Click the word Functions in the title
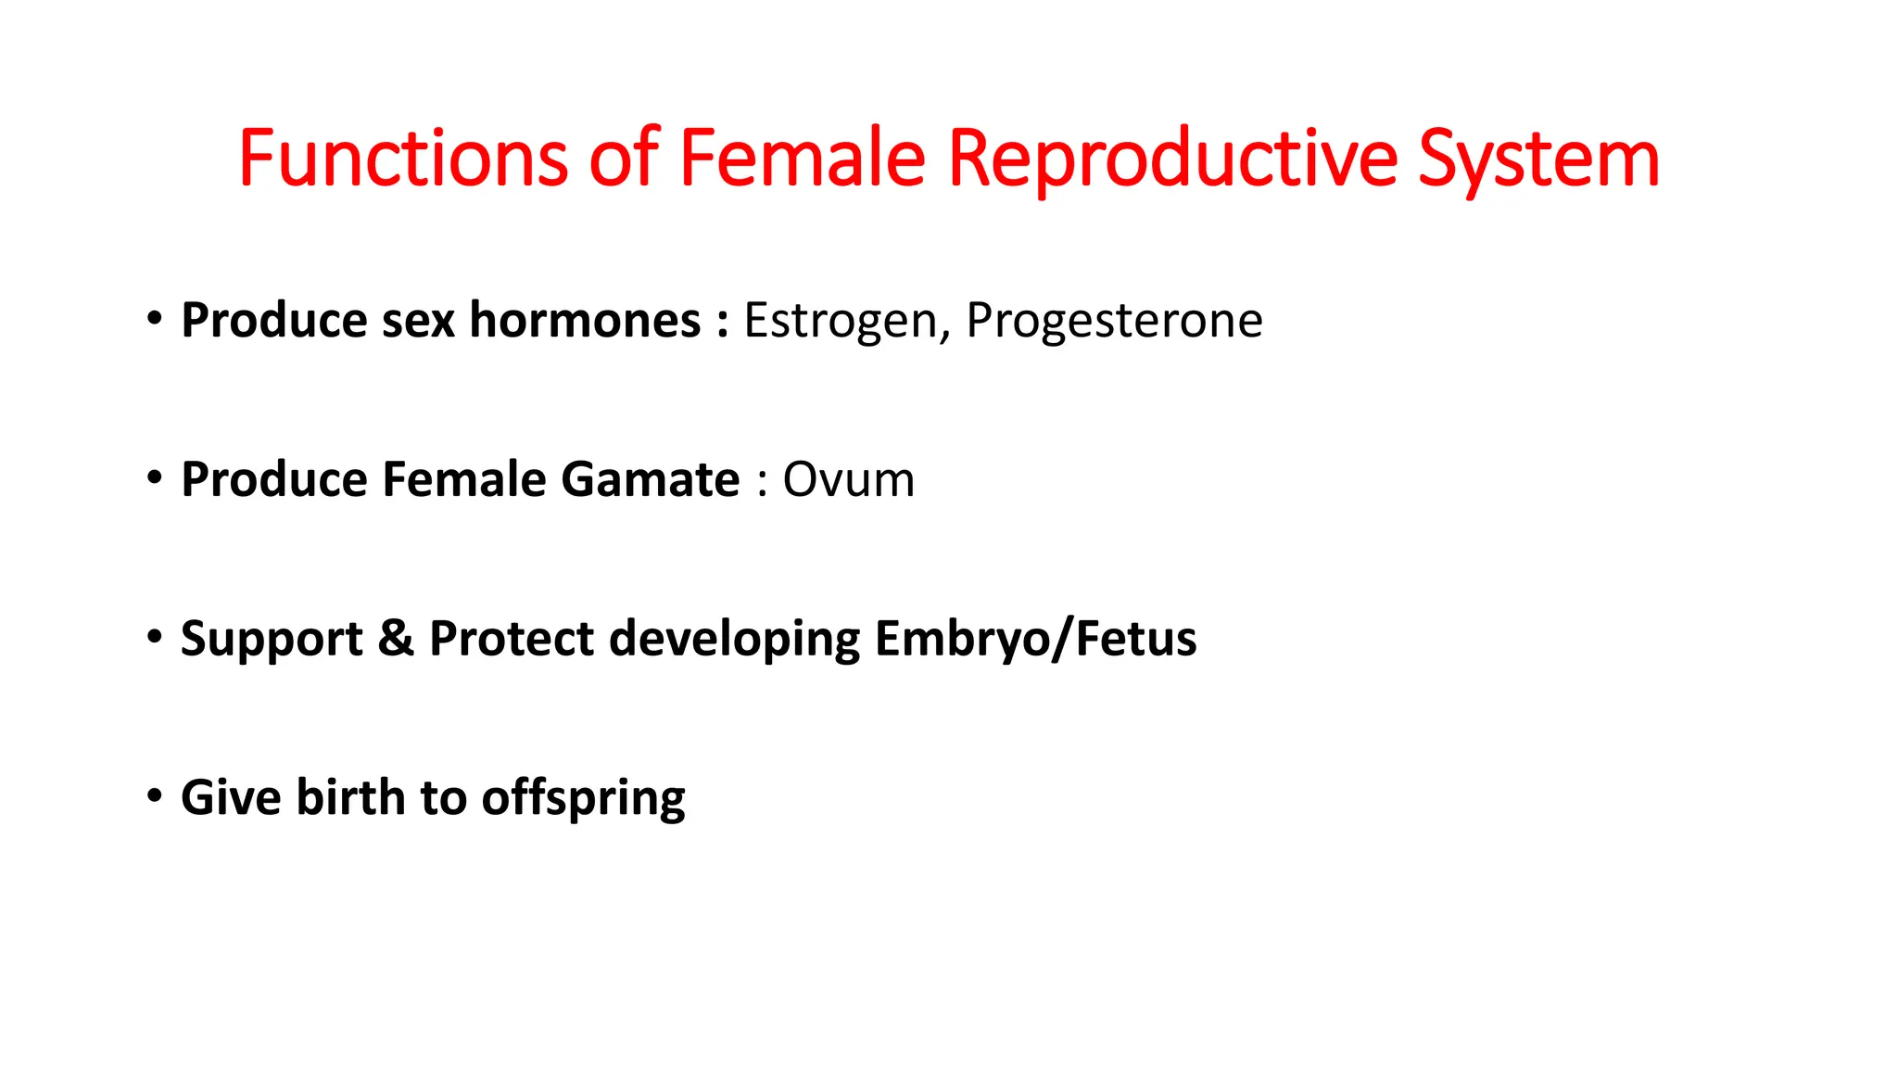pos(402,159)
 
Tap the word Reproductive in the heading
pos(1172,159)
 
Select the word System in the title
pos(1538,159)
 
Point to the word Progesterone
pos(1114,321)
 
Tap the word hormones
pos(585,321)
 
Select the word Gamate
pos(650,480)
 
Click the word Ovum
pos(848,480)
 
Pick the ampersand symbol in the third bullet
pos(396,639)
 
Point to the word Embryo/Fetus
pos(1035,639)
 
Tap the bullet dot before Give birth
pos(155,795)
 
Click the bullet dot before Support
pos(155,637)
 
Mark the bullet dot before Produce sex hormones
pos(155,319)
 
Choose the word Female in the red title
pos(802,159)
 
